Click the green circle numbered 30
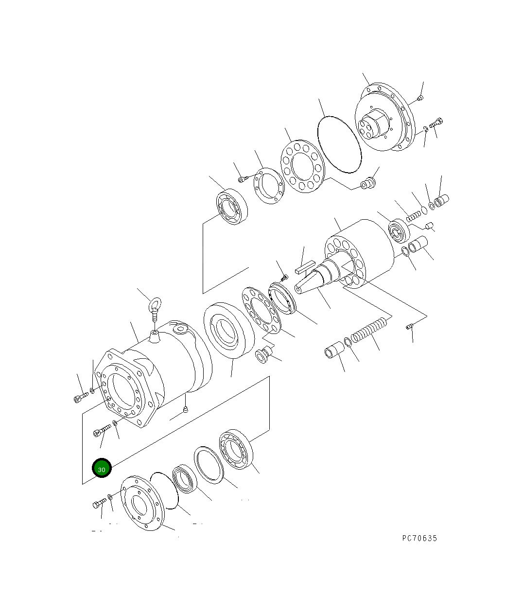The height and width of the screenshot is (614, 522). tap(102, 468)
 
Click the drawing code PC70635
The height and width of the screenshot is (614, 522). tap(419, 538)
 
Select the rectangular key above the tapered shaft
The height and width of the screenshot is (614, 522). tap(305, 266)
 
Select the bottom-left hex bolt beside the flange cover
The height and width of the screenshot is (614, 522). tap(99, 504)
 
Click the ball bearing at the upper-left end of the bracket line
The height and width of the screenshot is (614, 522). tap(232, 207)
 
